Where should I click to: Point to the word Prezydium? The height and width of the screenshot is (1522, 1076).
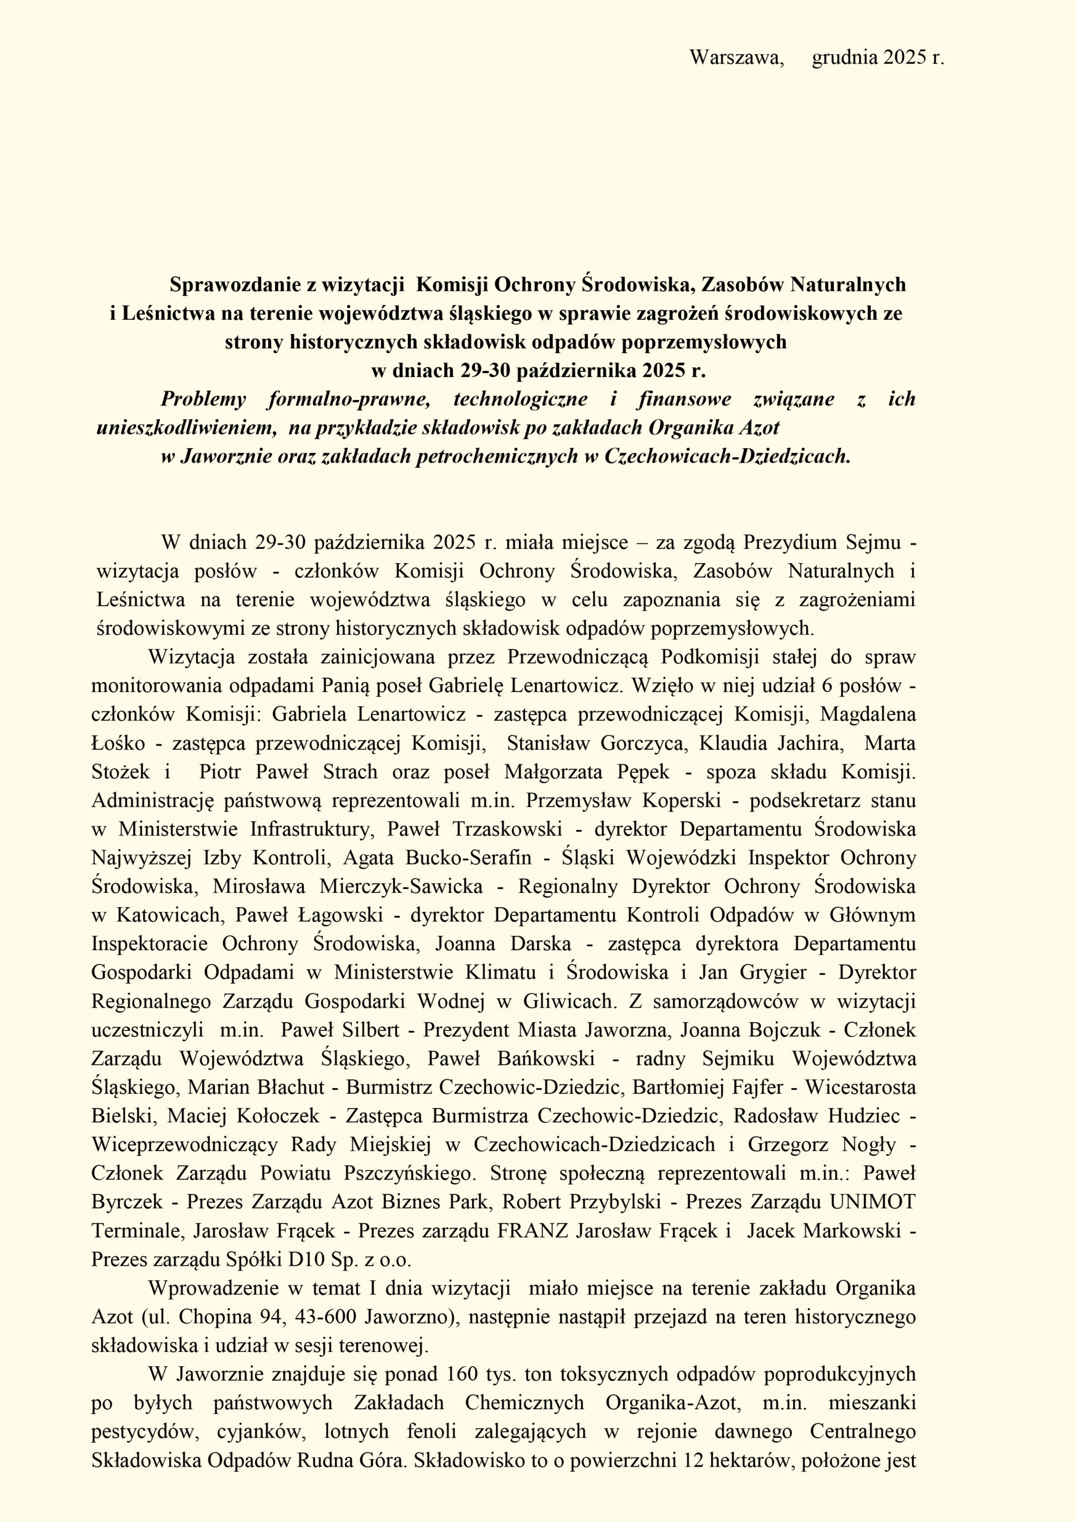[x=788, y=542]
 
